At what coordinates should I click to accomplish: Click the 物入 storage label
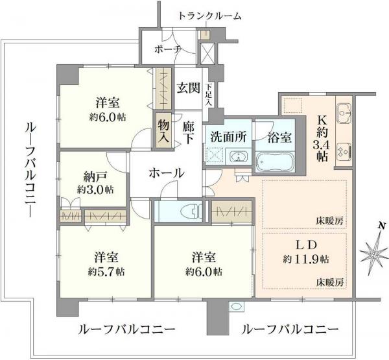[x=162, y=130]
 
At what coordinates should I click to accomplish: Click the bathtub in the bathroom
[x=276, y=161]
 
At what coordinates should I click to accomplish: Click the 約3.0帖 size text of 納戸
[x=95, y=189]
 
